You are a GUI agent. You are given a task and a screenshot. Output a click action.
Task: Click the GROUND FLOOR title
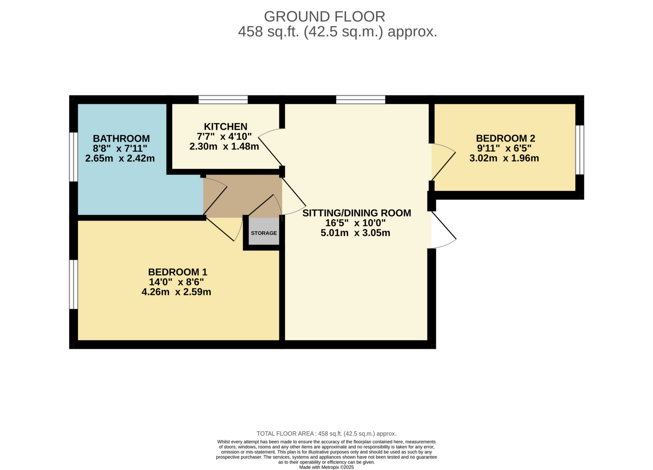[x=324, y=17]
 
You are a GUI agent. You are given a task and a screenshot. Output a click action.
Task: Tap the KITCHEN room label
[x=225, y=126]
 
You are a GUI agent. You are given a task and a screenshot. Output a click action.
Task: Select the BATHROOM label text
[x=121, y=138]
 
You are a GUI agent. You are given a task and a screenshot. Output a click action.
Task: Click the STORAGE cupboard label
[x=264, y=233]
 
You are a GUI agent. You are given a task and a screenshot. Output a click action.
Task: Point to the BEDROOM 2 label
[x=505, y=138]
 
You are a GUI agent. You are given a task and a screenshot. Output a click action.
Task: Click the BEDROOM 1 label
[x=177, y=272]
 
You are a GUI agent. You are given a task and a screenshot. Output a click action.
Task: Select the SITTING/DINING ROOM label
[x=357, y=213]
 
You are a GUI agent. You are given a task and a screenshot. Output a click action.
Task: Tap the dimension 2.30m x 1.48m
[x=224, y=147]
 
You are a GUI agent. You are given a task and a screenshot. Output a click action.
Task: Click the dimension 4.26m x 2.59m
[x=176, y=292]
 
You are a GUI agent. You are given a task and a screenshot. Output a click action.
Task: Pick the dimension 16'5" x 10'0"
[x=355, y=223]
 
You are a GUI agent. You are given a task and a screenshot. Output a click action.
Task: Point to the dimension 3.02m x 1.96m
[x=504, y=158]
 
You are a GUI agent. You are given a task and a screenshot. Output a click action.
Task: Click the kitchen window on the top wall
[x=223, y=100]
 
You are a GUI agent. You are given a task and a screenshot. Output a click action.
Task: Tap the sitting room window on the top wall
[x=361, y=100]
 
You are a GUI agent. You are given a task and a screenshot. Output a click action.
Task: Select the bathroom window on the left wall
[x=74, y=157]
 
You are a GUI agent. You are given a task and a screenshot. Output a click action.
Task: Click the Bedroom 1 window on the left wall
[x=74, y=284]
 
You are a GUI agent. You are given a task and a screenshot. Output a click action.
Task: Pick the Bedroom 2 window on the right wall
[x=579, y=150]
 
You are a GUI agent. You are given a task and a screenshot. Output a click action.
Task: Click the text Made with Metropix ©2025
[x=326, y=467]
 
